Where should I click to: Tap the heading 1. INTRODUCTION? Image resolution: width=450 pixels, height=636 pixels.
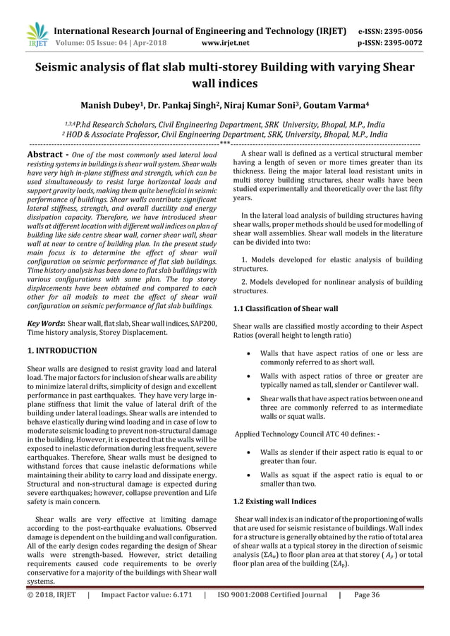(x=62, y=349)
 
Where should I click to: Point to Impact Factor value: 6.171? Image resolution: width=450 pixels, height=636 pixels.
(x=145, y=614)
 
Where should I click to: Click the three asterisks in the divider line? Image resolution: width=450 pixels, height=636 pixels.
(x=224, y=144)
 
